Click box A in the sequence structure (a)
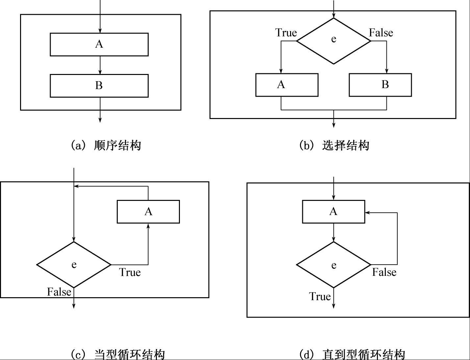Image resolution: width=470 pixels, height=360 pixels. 99,44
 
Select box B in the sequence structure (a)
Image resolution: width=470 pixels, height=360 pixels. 99,86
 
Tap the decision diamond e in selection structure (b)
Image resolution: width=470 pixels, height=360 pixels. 334,41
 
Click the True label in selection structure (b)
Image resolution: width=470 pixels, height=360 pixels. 286,33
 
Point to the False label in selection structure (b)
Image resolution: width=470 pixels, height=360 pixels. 381,33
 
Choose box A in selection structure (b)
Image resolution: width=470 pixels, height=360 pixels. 287,85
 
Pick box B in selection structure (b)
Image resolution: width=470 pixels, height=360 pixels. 380,85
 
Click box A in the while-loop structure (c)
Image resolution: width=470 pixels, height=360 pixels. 148,211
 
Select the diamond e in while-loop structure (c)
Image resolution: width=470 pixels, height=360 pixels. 74,265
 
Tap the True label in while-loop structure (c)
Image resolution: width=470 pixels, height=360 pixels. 130,272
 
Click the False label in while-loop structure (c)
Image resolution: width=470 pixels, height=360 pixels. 59,292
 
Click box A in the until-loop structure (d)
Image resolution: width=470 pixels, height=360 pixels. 334,211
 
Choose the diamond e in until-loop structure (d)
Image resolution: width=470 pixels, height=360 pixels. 334,265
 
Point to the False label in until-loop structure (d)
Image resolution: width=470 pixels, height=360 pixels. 384,272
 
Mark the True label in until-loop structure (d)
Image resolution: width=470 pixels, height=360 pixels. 320,296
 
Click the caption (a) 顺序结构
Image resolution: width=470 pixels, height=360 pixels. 106,145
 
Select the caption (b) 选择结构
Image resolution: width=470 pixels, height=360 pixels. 334,145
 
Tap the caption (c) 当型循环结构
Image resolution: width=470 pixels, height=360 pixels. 118,354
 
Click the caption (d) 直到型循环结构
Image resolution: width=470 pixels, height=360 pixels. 352,354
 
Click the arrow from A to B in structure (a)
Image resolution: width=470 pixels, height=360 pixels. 100,65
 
